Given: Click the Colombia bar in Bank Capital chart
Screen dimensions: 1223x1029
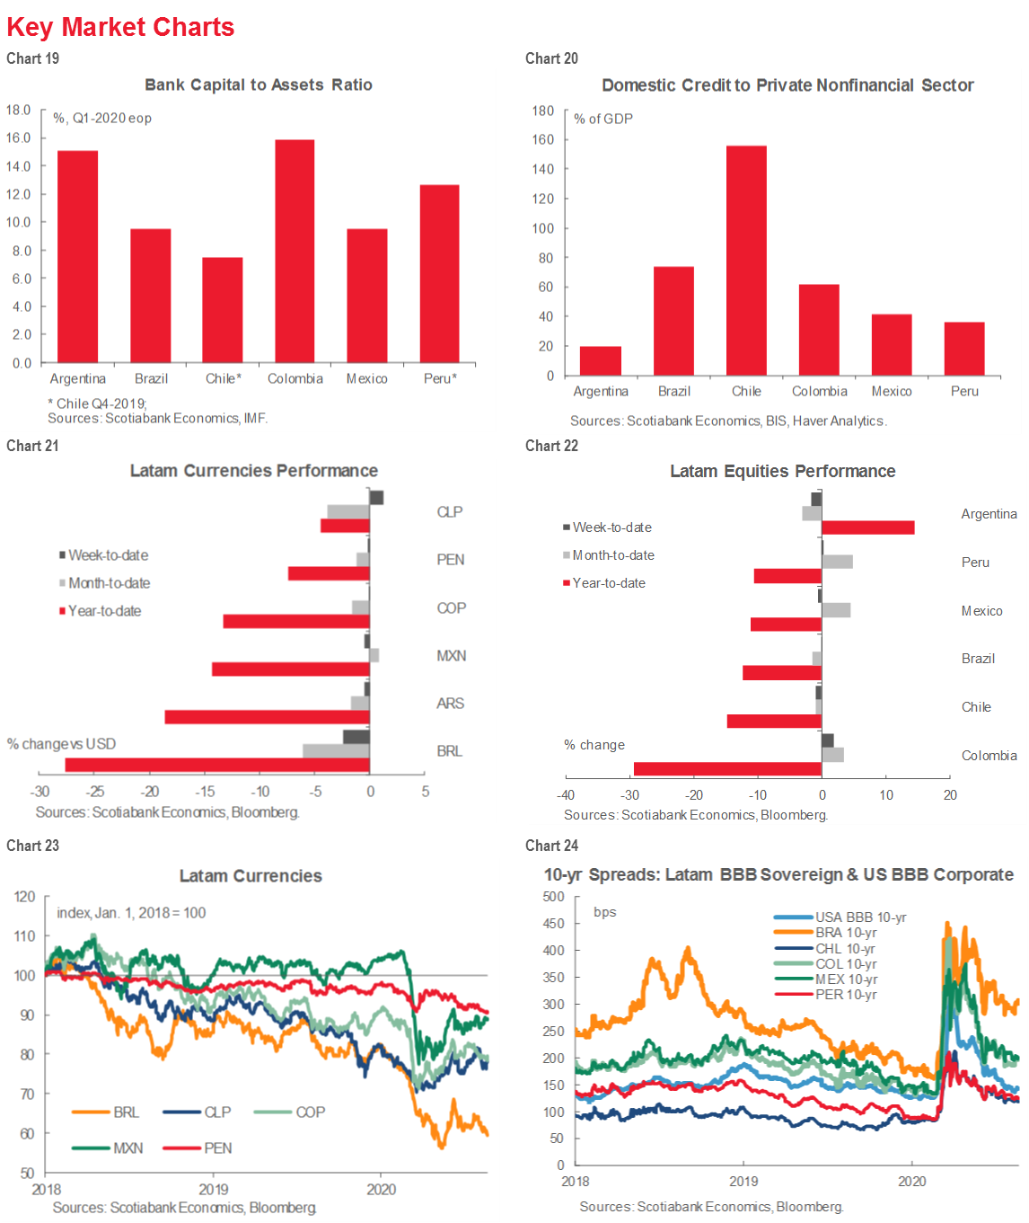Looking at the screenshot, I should [x=295, y=252].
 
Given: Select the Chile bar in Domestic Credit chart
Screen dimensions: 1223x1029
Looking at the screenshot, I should [x=746, y=261].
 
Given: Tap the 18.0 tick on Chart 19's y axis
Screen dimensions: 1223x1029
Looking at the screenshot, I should [x=19, y=110].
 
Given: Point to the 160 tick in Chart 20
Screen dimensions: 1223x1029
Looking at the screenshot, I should [x=543, y=139].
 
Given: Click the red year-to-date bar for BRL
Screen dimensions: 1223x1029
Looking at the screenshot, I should [x=217, y=765].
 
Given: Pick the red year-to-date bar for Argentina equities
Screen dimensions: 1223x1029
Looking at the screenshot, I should [x=868, y=527].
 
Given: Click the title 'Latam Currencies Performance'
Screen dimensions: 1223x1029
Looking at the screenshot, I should [x=254, y=471].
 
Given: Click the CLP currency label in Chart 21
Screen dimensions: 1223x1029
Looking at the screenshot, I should [x=449, y=512].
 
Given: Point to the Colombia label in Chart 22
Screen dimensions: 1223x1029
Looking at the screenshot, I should [x=989, y=756].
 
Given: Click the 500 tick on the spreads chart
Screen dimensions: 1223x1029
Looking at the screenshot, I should [x=554, y=897].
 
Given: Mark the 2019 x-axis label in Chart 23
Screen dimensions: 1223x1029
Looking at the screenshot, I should [x=214, y=1189].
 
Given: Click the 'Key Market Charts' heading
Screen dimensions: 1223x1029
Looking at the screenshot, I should [x=120, y=27].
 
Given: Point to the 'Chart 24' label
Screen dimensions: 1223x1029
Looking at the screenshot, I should [x=551, y=846].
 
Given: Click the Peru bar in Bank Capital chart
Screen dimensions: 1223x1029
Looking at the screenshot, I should [x=439, y=274].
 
